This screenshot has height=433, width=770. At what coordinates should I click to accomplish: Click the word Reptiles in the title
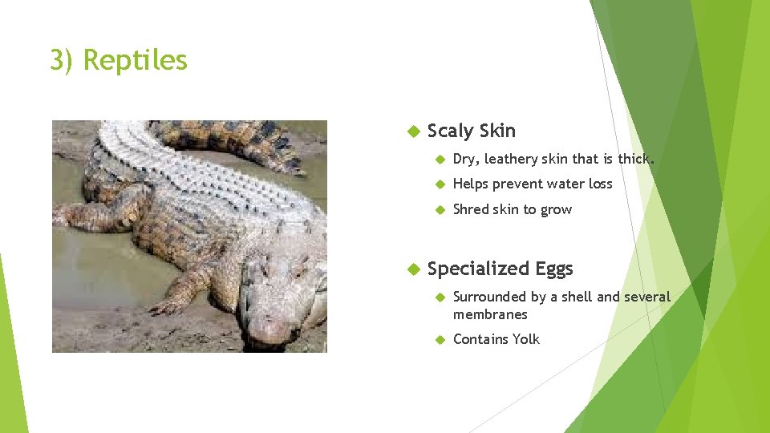135,60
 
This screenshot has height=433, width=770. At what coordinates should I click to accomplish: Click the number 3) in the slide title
63,60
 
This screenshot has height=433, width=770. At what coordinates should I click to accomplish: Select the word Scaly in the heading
450,131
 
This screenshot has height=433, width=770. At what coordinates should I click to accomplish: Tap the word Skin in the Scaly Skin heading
496,131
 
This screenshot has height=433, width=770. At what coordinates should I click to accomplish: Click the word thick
635,159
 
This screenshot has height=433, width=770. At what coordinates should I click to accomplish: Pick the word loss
600,184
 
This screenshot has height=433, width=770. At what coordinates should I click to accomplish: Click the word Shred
471,209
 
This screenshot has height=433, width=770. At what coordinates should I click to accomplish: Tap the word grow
557,210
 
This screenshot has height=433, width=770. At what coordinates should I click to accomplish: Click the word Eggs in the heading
554,269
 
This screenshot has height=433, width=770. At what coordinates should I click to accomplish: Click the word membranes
490,314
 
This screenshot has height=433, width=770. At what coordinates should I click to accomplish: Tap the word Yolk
526,339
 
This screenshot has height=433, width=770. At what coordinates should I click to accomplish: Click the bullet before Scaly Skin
414,131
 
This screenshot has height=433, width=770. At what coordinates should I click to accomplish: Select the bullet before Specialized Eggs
414,269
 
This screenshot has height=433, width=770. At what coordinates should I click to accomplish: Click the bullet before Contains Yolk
439,339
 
